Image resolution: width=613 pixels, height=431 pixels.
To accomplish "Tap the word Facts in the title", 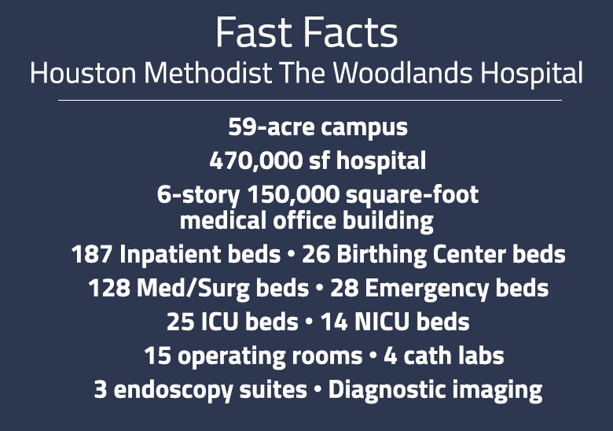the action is click(351, 32).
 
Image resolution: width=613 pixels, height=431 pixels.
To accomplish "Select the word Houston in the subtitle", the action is click(83, 73).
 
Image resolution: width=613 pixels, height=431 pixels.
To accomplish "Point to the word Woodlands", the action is click(402, 72).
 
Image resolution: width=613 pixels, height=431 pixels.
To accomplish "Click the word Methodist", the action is click(208, 72).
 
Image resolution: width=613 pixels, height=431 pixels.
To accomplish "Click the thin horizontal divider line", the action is click(310, 101).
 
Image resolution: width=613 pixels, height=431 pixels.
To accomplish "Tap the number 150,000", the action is click(293, 194).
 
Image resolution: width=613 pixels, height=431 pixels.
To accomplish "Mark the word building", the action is click(388, 221).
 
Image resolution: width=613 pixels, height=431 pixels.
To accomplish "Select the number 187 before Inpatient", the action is click(92, 254).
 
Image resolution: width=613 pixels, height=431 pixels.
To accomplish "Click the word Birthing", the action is click(381, 255).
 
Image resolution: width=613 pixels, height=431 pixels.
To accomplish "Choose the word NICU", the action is click(382, 322).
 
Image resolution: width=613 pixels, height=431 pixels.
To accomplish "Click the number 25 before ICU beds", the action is click(181, 322).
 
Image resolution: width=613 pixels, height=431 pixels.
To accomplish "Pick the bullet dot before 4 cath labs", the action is click(373, 355).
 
